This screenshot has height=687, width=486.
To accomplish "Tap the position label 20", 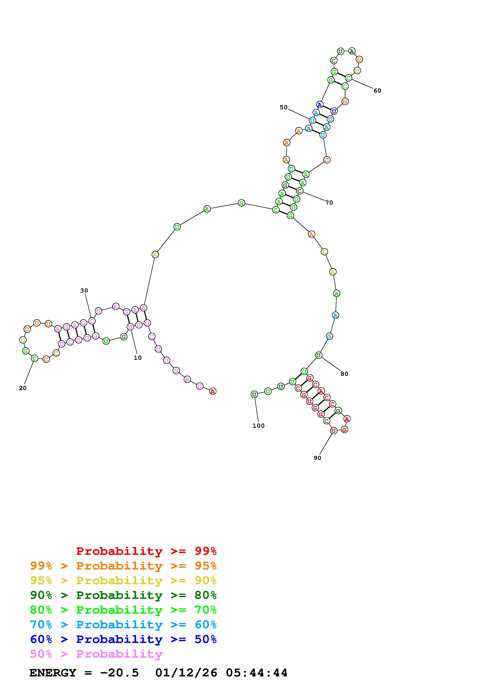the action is pyautogui.click(x=23, y=388).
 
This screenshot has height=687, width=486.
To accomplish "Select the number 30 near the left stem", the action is pyautogui.click(x=84, y=291).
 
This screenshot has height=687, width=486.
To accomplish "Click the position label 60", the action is pyautogui.click(x=377, y=91).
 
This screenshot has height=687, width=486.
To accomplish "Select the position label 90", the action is pyautogui.click(x=317, y=458).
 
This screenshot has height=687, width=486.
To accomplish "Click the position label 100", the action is pyautogui.click(x=259, y=426).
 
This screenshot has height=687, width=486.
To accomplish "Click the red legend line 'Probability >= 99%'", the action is pyautogui.click(x=146, y=551).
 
